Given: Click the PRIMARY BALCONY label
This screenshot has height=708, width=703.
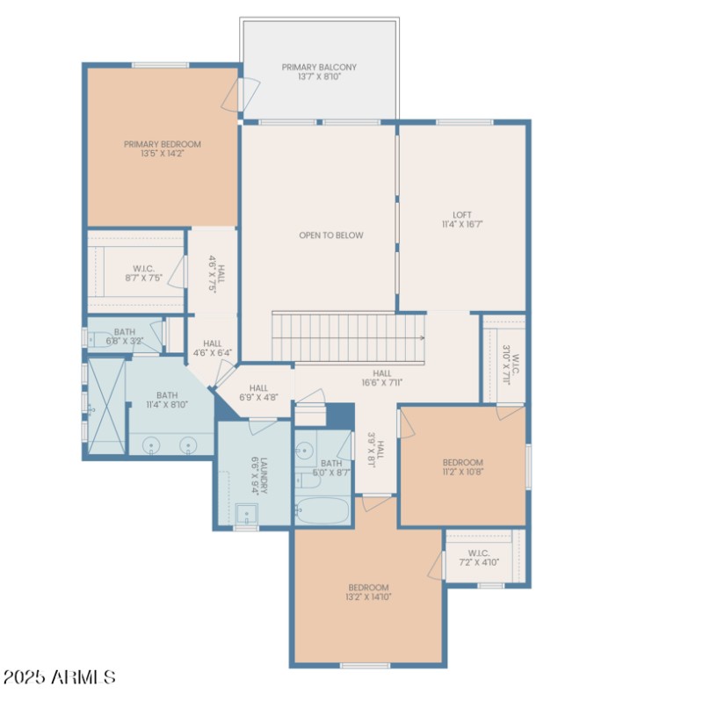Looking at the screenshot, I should tap(319, 72).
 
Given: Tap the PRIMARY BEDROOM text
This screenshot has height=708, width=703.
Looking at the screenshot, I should tap(163, 149).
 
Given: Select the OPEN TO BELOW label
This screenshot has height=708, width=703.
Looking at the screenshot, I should tap(330, 235).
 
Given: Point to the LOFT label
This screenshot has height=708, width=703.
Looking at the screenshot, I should tap(462, 220).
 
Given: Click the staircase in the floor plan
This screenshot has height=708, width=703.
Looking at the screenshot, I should tap(349, 336).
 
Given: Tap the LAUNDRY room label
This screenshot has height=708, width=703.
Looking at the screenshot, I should tap(253, 474).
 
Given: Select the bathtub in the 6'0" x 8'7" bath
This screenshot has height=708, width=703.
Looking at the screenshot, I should tap(322, 510).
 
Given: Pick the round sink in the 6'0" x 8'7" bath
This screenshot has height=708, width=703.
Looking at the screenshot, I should tap(305, 451).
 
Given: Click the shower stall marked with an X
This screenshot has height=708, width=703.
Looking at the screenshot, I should tap(105, 407).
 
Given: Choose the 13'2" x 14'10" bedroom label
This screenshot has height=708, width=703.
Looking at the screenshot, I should tap(368, 592).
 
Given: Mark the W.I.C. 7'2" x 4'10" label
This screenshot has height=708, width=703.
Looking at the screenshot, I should tap(478, 558).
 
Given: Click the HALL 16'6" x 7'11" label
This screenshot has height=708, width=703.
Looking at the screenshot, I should tap(381, 378).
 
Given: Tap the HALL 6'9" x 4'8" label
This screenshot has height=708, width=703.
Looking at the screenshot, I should tap(258, 393).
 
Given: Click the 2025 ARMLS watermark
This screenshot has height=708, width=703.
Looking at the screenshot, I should tap(59, 677).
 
